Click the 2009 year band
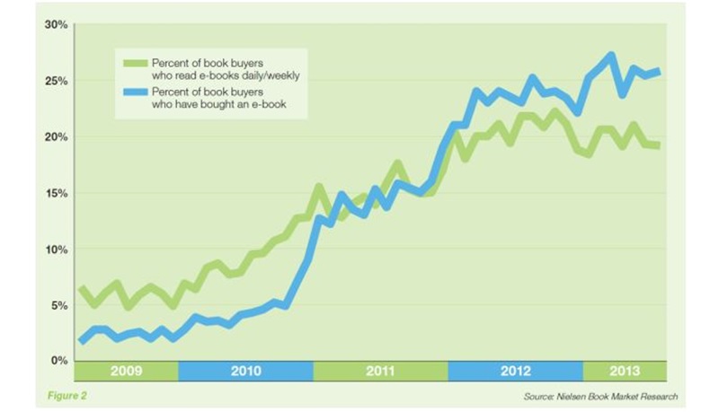pyautogui.click(x=126, y=371)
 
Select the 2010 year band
pyautogui.click(x=244, y=371)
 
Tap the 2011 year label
pyautogui.click(x=379, y=371)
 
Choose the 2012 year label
pyautogui.click(x=514, y=371)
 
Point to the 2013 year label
pyautogui.click(x=626, y=371)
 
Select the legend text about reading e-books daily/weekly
pyautogui.click(x=223, y=69)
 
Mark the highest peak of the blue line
pyautogui.click(x=611, y=56)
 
